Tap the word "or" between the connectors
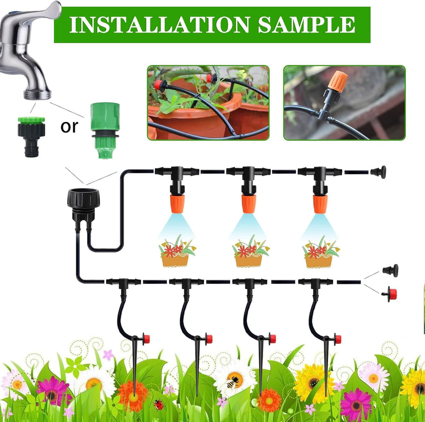point(69,126)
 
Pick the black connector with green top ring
point(31,137)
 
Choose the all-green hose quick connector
point(105,130)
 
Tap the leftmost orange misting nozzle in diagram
point(178,203)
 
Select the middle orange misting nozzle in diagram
point(249,203)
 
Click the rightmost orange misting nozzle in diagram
point(320,203)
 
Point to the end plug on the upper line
point(378,172)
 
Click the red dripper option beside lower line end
point(389,294)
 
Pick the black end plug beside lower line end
point(391,270)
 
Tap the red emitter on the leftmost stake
point(146,339)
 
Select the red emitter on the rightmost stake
point(338,339)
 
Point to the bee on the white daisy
point(232,382)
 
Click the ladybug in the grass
point(159,405)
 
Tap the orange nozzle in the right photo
point(338,80)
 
